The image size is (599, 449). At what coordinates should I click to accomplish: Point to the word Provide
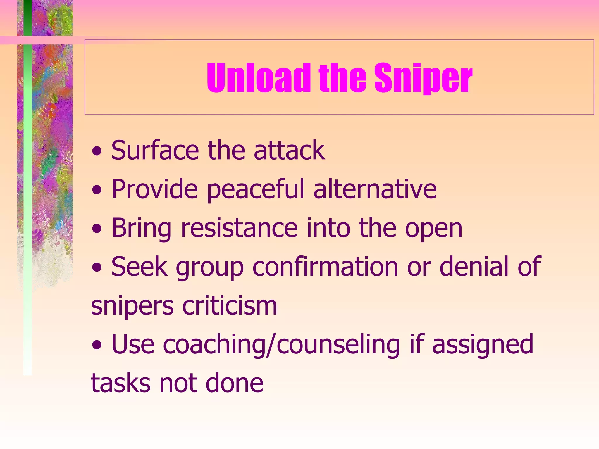[155, 189]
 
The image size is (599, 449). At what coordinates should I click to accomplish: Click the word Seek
[139, 266]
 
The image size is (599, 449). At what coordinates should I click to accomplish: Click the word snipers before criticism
[132, 306]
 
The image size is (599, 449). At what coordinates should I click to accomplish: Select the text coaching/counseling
[281, 345]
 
